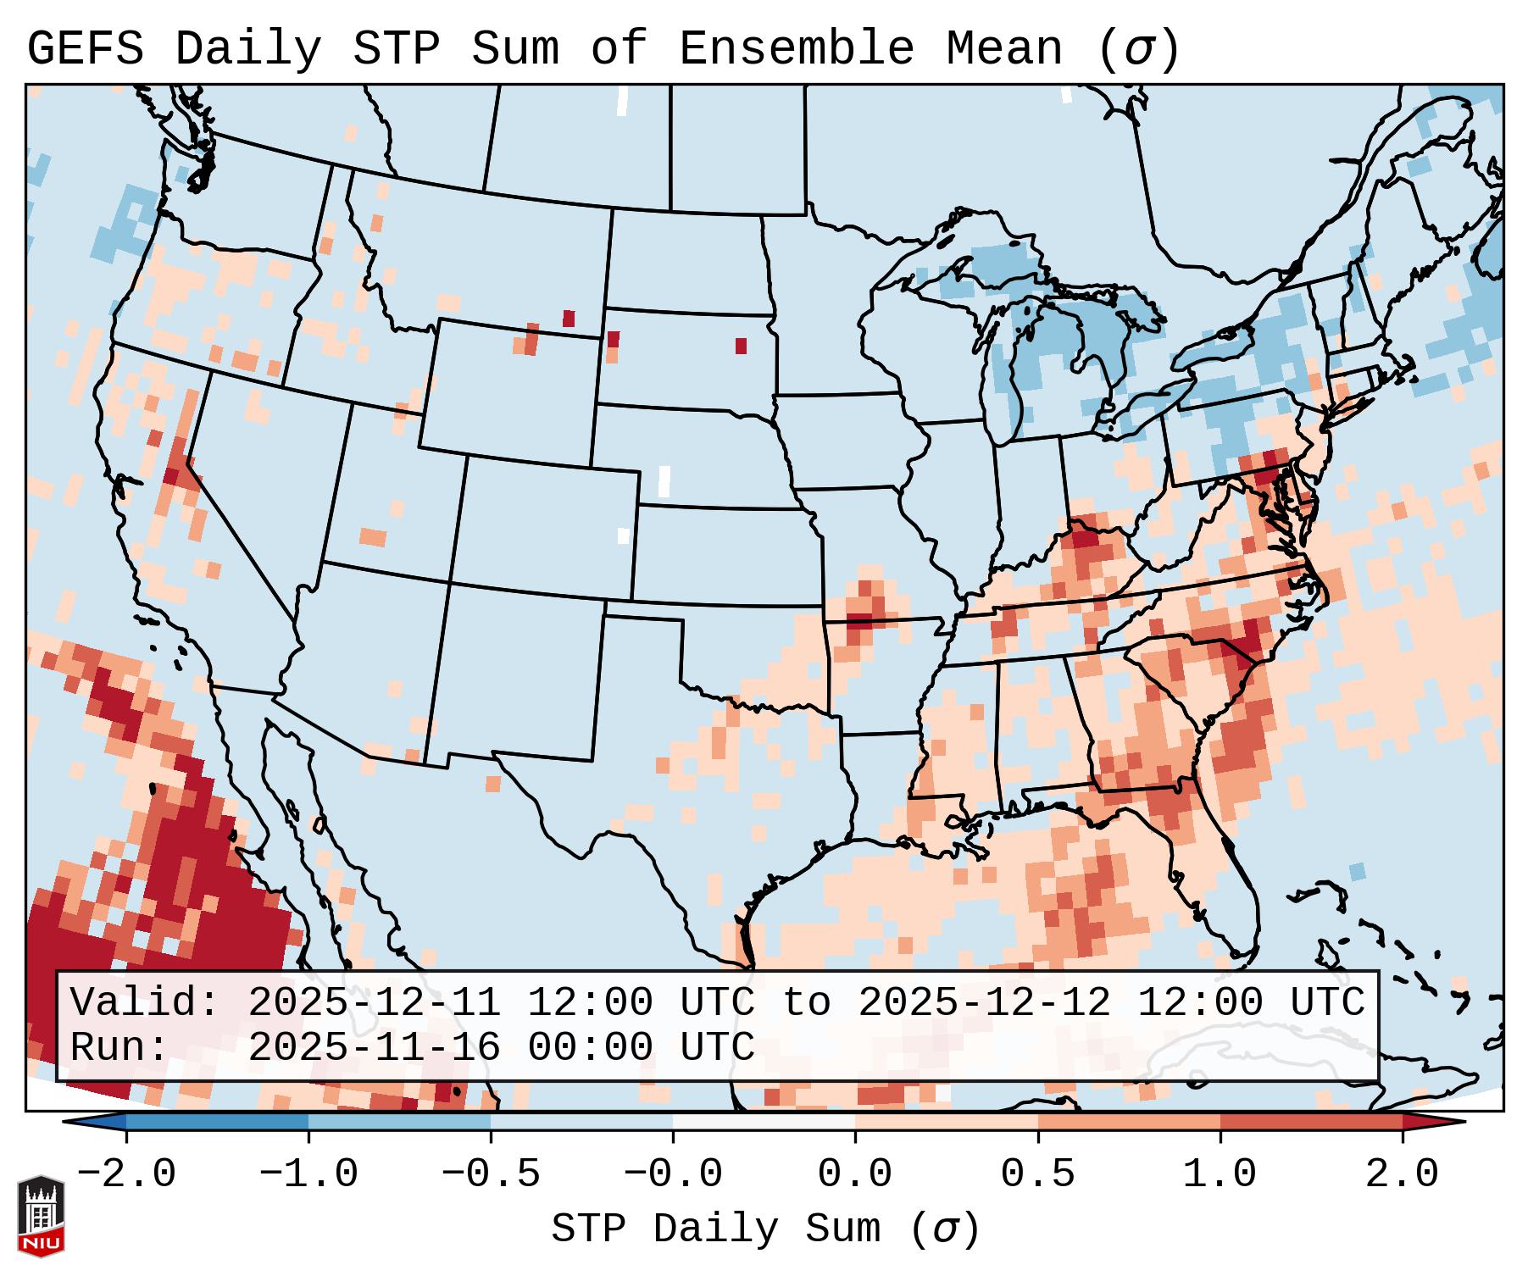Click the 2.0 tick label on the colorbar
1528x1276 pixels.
1402,1174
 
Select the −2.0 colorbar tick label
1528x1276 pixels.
126,1174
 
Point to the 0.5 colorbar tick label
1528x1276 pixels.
1037,1174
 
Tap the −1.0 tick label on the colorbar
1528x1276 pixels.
308,1174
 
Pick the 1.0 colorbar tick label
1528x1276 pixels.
1220,1174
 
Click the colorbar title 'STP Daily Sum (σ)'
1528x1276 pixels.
765,1229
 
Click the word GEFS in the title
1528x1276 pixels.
85,49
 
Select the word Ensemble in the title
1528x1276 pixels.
797,49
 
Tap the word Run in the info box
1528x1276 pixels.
119,1047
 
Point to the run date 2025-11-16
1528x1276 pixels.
374,1047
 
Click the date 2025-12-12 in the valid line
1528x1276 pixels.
984,1003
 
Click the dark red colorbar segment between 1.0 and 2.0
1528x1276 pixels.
1311,1122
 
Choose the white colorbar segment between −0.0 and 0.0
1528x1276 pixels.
764,1122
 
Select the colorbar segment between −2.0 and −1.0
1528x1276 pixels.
218,1122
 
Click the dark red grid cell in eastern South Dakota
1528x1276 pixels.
741,346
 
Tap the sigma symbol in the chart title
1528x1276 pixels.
1137,49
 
